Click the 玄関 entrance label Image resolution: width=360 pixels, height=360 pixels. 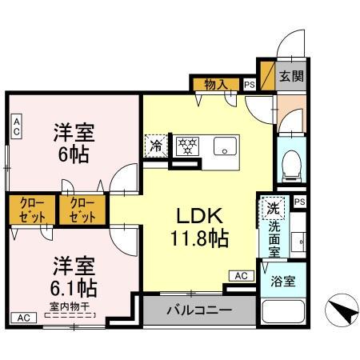(290, 78)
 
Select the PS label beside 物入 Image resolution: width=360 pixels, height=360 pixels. (249, 84)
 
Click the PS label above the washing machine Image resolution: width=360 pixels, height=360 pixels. (299, 202)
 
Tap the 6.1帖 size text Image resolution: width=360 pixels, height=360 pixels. (70, 286)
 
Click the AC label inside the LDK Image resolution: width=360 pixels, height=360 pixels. (239, 275)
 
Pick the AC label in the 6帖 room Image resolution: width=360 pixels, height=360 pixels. (17, 124)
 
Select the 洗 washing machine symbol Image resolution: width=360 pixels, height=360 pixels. (274, 208)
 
